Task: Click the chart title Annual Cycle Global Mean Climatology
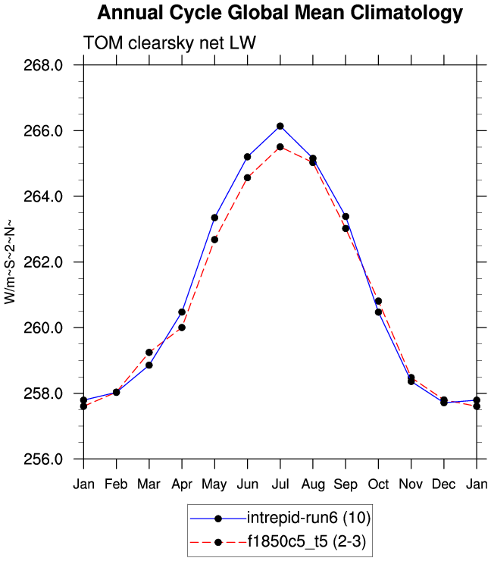pos(280,13)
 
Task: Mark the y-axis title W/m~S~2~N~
pos(11,262)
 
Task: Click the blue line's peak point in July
pos(280,126)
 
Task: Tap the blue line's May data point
pos(214,218)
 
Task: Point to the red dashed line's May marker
pos(214,240)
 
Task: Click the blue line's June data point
pos(247,156)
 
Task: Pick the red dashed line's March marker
pos(149,353)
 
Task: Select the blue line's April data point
pos(182,312)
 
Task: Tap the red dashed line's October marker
pos(378,301)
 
